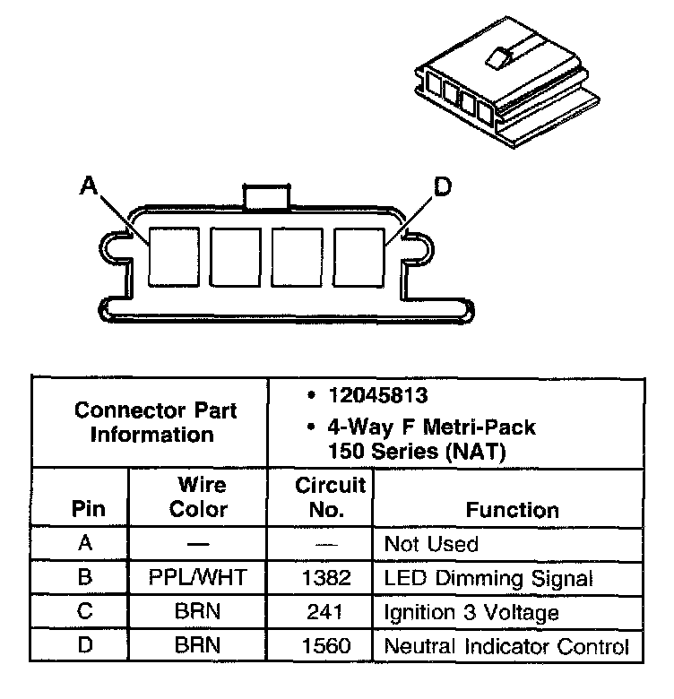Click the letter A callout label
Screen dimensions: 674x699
[88, 186]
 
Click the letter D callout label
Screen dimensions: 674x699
[442, 187]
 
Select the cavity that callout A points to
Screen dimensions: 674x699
[173, 255]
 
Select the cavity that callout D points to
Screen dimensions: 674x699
[359, 255]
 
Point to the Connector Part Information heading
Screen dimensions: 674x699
[156, 423]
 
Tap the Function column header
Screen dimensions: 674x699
[512, 510]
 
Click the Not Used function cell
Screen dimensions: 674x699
[431, 544]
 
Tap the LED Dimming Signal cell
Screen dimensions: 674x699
[488, 578]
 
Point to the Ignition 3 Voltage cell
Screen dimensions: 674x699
[471, 612]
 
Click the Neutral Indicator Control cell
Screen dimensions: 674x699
[506, 645]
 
